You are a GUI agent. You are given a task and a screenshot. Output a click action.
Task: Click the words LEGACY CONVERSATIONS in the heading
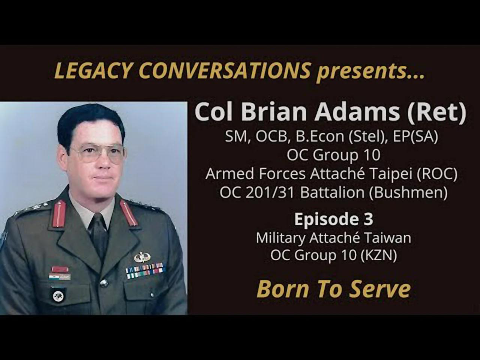tap(183, 70)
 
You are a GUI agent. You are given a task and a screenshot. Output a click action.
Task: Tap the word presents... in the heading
tap(370, 71)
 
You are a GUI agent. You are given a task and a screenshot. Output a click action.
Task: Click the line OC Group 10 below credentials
tap(333, 155)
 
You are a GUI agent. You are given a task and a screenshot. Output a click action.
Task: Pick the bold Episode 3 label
tap(333, 219)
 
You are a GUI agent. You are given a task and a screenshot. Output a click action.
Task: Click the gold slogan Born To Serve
tap(333, 289)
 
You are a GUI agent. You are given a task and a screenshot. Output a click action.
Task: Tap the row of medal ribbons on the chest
tap(145, 270)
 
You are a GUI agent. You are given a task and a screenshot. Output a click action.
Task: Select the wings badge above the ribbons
tap(142, 257)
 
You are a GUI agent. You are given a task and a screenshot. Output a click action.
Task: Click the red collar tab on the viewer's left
tap(59, 214)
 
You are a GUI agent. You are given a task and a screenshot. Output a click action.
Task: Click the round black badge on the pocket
tap(58, 295)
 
